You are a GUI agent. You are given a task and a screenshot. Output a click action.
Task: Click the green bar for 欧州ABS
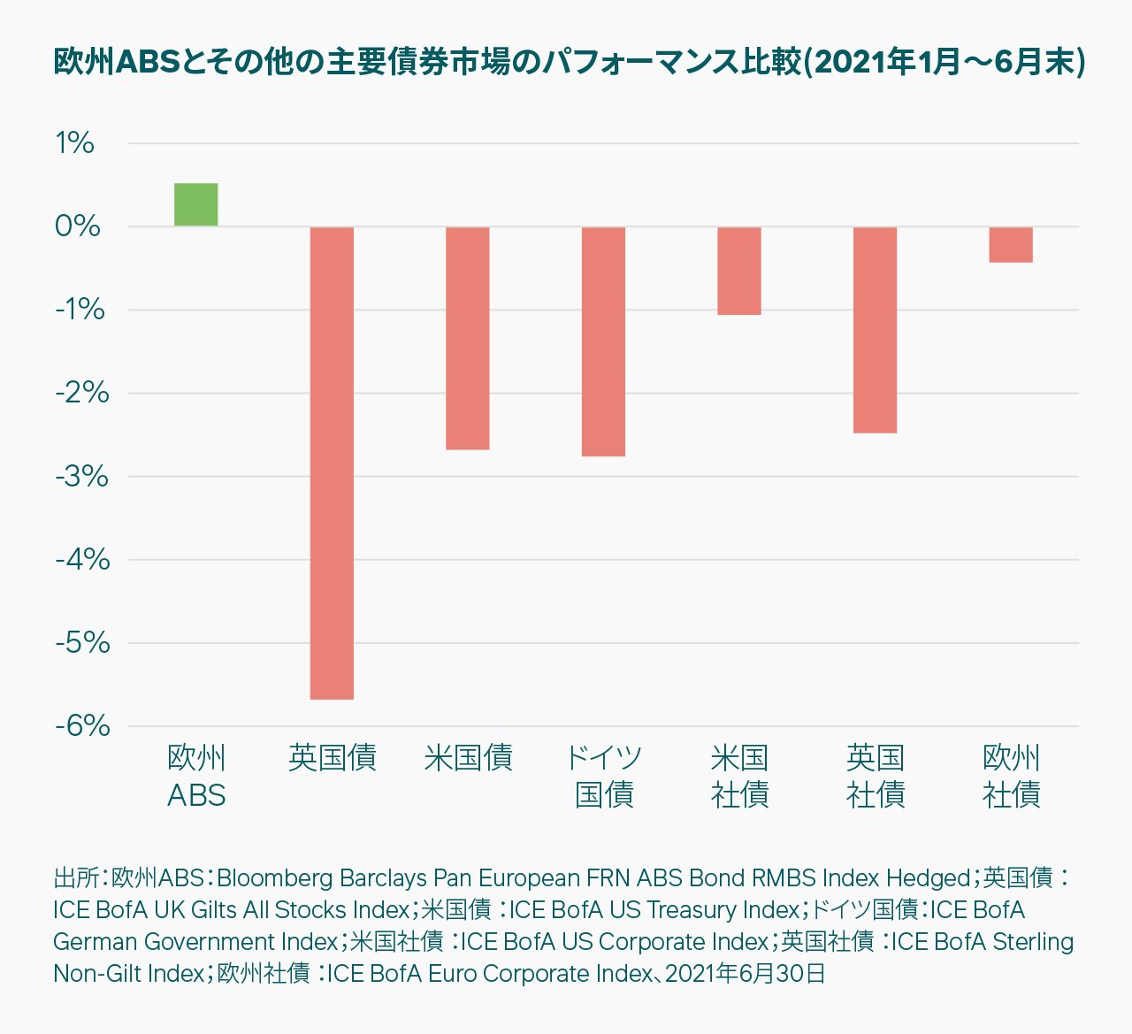click(195, 204)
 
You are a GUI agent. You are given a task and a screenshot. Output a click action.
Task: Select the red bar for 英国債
click(332, 463)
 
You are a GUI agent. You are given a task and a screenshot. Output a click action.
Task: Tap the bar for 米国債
click(467, 338)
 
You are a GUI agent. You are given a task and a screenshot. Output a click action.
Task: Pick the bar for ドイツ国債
click(603, 341)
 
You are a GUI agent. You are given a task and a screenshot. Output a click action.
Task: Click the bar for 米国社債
click(739, 271)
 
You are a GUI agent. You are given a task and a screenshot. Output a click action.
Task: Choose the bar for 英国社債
click(875, 330)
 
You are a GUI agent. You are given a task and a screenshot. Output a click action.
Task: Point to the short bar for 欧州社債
click(1011, 245)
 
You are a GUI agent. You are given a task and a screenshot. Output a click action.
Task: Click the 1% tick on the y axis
click(74, 143)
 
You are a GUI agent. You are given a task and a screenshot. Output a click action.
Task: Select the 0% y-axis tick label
click(77, 226)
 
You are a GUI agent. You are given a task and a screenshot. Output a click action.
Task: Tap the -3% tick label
click(81, 477)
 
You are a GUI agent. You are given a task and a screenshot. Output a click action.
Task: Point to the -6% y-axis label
click(81, 726)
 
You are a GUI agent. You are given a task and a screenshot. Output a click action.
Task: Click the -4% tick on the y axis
click(81, 560)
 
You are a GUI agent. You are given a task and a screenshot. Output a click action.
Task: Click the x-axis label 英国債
click(332, 758)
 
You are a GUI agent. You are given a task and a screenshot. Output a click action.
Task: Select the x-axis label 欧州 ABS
click(196, 776)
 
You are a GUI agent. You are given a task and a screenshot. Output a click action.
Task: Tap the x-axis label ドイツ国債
click(603, 776)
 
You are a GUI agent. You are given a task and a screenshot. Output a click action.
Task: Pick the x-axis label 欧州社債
click(1011, 776)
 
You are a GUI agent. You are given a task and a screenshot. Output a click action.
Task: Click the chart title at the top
click(569, 63)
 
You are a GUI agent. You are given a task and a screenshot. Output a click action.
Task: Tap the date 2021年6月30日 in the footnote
click(745, 974)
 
